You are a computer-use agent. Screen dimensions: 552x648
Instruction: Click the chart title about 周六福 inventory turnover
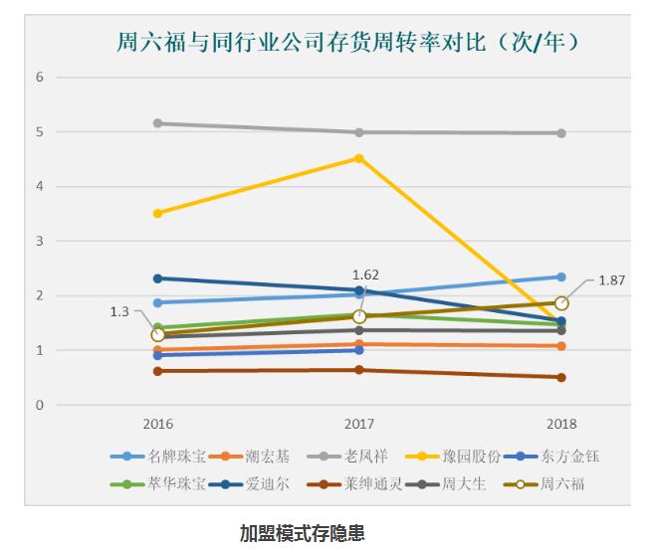coord(349,42)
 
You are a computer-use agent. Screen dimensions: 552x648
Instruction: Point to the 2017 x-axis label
coord(359,424)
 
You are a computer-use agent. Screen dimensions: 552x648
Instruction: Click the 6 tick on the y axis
coord(40,78)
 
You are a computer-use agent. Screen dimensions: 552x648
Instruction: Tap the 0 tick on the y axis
coord(40,405)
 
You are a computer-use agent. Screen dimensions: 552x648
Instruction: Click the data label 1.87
coord(612,281)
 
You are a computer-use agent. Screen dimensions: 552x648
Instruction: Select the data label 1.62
coord(366,275)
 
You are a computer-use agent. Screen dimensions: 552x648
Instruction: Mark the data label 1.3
coord(119,311)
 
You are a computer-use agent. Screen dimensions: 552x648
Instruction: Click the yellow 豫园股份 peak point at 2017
coord(359,158)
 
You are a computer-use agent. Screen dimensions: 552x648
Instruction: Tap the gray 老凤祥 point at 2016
coord(157,123)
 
